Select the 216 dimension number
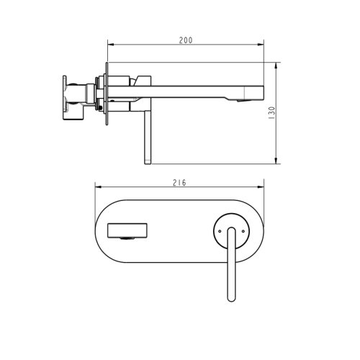coord(180,183)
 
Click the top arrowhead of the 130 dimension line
coord(277,65)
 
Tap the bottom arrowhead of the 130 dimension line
coord(277,162)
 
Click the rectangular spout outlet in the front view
coord(127,230)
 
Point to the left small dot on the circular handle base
coord(217,230)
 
